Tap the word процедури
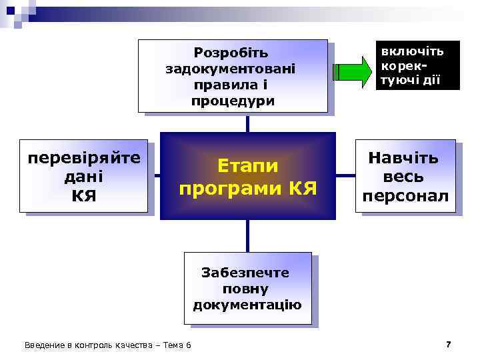[x=231, y=101]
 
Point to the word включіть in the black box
[x=411, y=51]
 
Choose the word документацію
[x=247, y=305]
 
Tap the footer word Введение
[x=42, y=345]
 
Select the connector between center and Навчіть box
[x=345, y=175]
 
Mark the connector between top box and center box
[x=248, y=123]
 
